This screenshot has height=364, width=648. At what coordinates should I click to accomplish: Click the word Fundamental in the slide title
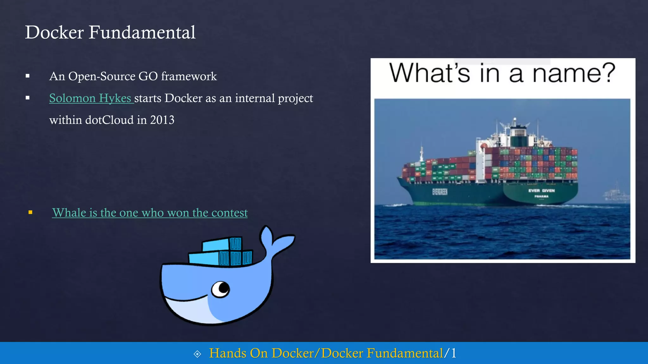(142, 32)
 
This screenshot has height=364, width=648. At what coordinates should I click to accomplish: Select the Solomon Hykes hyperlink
(90, 98)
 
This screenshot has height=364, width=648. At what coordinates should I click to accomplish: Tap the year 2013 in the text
(162, 120)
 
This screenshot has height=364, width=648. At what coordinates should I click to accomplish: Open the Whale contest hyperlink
(150, 213)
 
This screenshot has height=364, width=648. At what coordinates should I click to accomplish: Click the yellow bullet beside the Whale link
(30, 212)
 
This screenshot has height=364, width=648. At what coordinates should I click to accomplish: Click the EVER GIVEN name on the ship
(541, 191)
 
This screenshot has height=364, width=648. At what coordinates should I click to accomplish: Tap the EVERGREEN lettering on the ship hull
(440, 192)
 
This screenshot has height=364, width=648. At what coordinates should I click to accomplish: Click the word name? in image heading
(574, 73)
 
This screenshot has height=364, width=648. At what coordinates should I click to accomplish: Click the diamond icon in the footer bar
(197, 354)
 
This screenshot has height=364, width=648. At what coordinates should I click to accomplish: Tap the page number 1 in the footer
(454, 353)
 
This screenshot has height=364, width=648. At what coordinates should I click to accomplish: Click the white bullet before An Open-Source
(28, 76)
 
